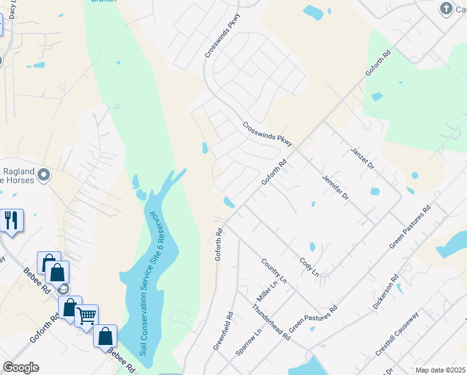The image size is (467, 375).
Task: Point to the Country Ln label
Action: [273, 271]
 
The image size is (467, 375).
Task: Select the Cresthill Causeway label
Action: [396, 335]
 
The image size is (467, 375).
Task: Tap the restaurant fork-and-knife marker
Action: [12, 221]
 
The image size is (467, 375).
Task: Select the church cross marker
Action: [446, 8]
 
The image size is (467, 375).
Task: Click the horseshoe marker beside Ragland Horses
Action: [43, 175]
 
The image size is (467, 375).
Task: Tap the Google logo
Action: [21, 367]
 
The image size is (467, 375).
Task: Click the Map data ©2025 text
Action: [440, 370]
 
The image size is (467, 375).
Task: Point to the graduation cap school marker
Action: [62, 289]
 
